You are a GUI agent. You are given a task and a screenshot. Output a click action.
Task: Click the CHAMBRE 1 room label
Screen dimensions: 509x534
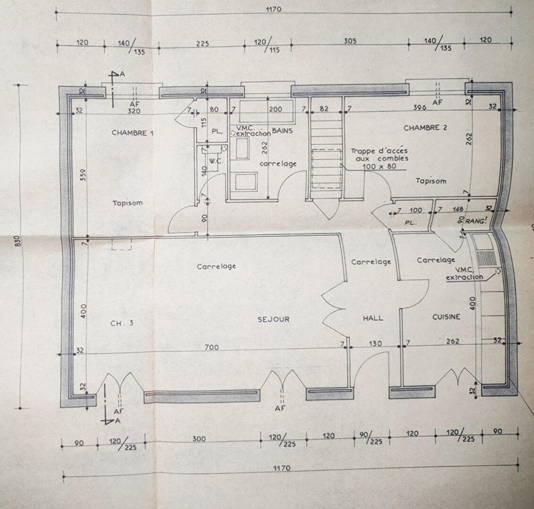pyautogui.click(x=132, y=133)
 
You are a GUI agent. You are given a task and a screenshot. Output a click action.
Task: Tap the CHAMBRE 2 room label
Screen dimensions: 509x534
pyautogui.click(x=425, y=127)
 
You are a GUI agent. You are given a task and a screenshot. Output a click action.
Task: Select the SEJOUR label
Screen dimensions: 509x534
pyautogui.click(x=274, y=319)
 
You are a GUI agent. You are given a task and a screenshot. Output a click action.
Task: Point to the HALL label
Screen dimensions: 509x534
pyautogui.click(x=372, y=318)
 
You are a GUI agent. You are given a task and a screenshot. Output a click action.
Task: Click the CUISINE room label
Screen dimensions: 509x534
pyautogui.click(x=446, y=317)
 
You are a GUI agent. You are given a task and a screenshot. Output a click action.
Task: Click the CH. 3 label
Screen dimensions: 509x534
pyautogui.click(x=122, y=323)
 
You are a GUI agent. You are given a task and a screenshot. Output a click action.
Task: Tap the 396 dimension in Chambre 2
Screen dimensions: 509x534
pyautogui.click(x=419, y=107)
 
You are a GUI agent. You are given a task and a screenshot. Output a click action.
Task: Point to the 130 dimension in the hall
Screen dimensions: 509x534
pyautogui.click(x=376, y=344)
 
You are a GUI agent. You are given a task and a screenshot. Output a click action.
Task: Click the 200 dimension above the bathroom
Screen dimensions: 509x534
pyautogui.click(x=274, y=108)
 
